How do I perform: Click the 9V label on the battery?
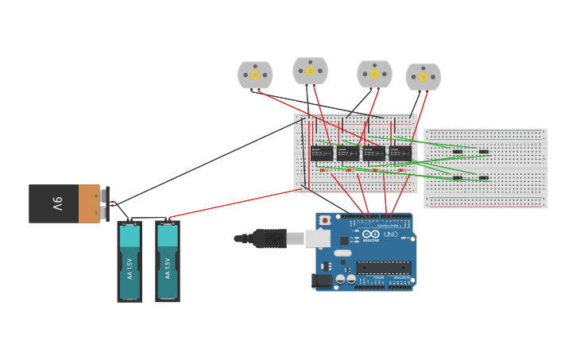tap(57, 204)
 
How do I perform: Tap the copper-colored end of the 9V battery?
tap(89, 204)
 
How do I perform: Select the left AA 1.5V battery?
tap(130, 261)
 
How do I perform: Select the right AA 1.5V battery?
tap(167, 261)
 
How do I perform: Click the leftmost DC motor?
tap(255, 75)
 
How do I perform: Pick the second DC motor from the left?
tap(310, 71)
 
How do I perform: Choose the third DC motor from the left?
tap(374, 74)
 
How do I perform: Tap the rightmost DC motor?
tap(423, 77)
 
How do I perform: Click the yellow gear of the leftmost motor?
tap(255, 75)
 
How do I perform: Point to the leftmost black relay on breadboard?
tap(322, 153)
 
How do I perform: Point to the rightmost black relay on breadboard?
tap(400, 153)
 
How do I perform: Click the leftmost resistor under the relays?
tap(323, 170)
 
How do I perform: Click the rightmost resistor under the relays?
tap(401, 170)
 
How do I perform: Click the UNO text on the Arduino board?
tap(391, 234)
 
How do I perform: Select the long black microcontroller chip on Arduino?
tap(384, 267)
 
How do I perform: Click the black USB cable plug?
tap(269, 238)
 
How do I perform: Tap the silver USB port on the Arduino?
tap(319, 238)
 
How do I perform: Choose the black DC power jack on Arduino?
tap(323, 280)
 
